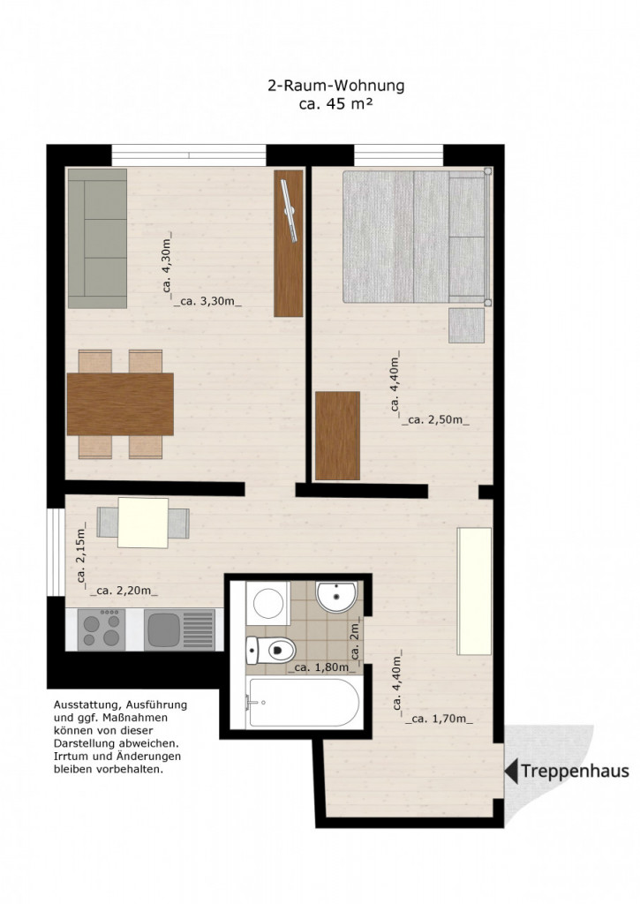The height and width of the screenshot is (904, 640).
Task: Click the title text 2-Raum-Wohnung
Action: click(336, 87)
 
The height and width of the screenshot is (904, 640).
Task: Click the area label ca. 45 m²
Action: click(335, 104)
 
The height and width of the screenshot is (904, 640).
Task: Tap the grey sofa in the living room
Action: click(97, 238)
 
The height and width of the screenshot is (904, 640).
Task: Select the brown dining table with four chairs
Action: click(120, 404)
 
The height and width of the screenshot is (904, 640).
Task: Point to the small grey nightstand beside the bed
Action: click(466, 326)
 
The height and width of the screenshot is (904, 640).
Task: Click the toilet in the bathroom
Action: click(270, 651)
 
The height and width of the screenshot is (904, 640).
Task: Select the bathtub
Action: click(303, 702)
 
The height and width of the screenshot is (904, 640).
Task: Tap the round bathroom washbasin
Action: click(336, 597)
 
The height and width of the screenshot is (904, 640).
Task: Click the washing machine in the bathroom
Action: click(268, 603)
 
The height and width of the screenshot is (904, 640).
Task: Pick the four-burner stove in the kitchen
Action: click(102, 629)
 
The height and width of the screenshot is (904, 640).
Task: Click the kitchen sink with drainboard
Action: click(180, 630)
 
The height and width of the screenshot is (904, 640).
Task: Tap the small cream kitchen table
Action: click(143, 523)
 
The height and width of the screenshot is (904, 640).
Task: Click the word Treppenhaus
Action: click(575, 772)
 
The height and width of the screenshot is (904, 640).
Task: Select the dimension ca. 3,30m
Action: click(207, 301)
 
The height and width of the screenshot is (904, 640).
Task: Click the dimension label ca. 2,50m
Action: click(435, 420)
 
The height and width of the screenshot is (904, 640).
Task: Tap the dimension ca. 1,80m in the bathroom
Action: click(321, 667)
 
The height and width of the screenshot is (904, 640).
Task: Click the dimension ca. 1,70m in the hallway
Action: click(439, 719)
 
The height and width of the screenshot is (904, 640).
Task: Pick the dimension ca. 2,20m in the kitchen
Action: click(124, 591)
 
